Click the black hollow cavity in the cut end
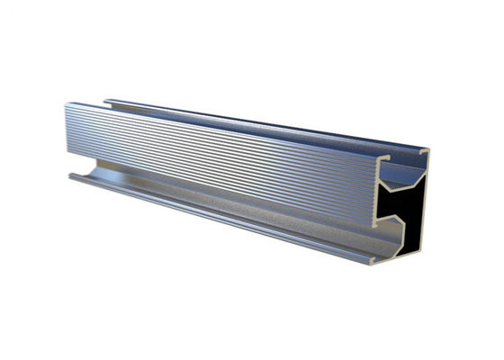407,212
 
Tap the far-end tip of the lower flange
70,175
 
